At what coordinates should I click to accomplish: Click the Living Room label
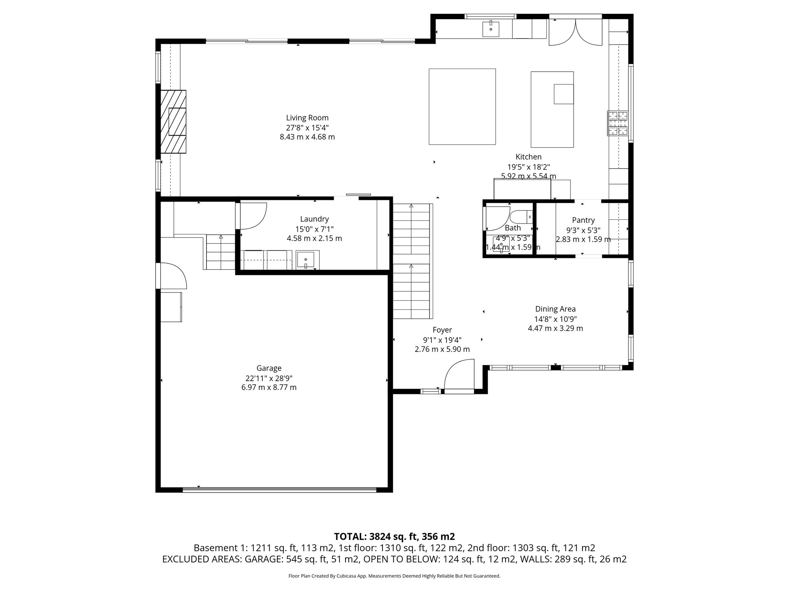pos(307,118)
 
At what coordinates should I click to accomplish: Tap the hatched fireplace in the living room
pos(173,122)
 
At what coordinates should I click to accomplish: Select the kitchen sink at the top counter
pos(491,29)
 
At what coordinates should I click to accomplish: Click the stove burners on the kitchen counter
pos(618,123)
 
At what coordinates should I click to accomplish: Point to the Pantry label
pos(583,220)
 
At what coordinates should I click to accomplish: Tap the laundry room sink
pos(307,260)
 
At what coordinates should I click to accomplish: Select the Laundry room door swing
pos(253,215)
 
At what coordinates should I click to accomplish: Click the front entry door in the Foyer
pos(459,375)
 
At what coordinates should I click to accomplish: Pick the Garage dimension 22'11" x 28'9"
pos(269,378)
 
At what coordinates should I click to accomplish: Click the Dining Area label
pos(555,309)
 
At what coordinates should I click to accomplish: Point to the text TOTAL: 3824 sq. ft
pos(394,536)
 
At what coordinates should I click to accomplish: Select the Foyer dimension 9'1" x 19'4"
pos(442,340)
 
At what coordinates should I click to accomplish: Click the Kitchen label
pos(529,157)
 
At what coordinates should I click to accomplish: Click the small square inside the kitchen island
pos(564,94)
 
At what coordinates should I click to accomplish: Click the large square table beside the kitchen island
pos(462,106)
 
